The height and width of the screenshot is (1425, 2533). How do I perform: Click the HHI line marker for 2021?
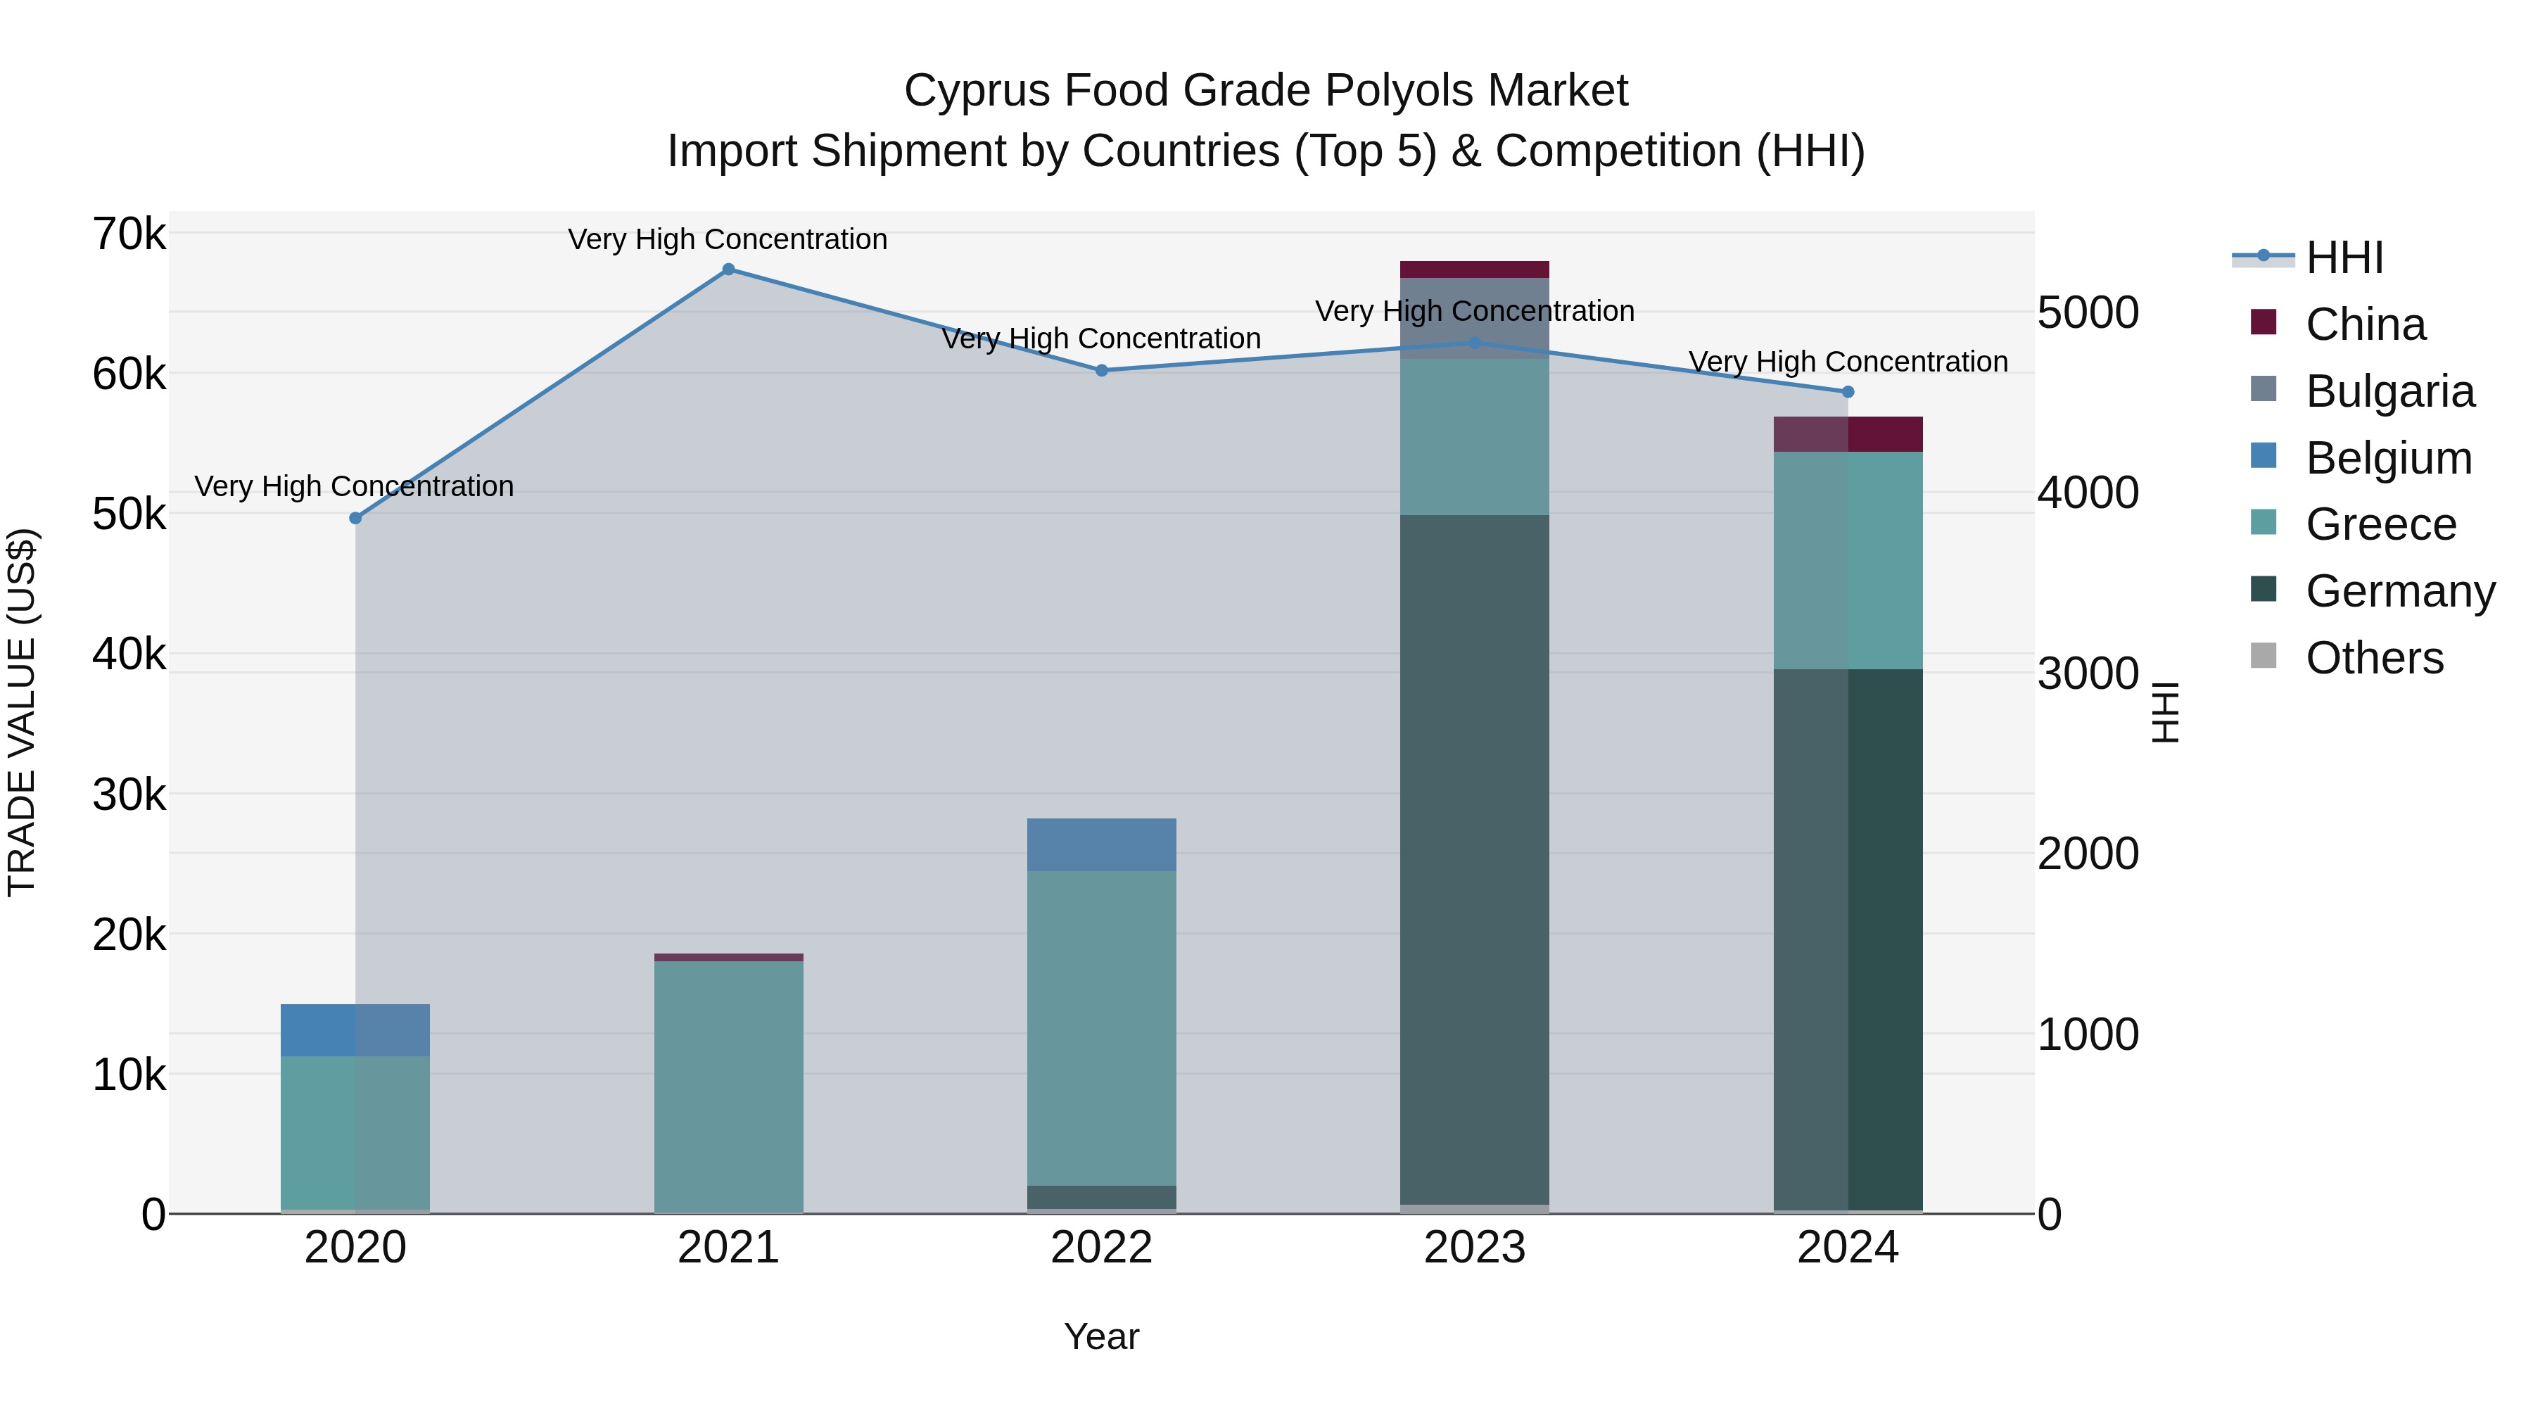(729, 270)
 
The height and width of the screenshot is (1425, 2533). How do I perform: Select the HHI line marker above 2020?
(356, 518)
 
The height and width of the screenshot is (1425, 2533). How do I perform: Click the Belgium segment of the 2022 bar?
(1101, 844)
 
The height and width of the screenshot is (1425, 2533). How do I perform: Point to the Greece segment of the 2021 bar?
(729, 1087)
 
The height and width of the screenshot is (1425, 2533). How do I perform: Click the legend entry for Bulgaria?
(2389, 391)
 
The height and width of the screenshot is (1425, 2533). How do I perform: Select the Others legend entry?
(2374, 658)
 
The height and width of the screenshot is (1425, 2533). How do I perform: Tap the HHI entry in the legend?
(2344, 258)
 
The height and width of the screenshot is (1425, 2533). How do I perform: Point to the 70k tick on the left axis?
(129, 235)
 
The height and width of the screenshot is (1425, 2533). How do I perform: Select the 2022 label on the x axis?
(1101, 1248)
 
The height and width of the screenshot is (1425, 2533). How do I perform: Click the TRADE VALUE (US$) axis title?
(22, 712)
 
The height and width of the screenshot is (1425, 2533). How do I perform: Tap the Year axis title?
(1101, 1336)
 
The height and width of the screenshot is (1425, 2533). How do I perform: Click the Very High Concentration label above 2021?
(728, 239)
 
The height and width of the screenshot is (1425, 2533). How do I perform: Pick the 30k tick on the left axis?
(129, 794)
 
